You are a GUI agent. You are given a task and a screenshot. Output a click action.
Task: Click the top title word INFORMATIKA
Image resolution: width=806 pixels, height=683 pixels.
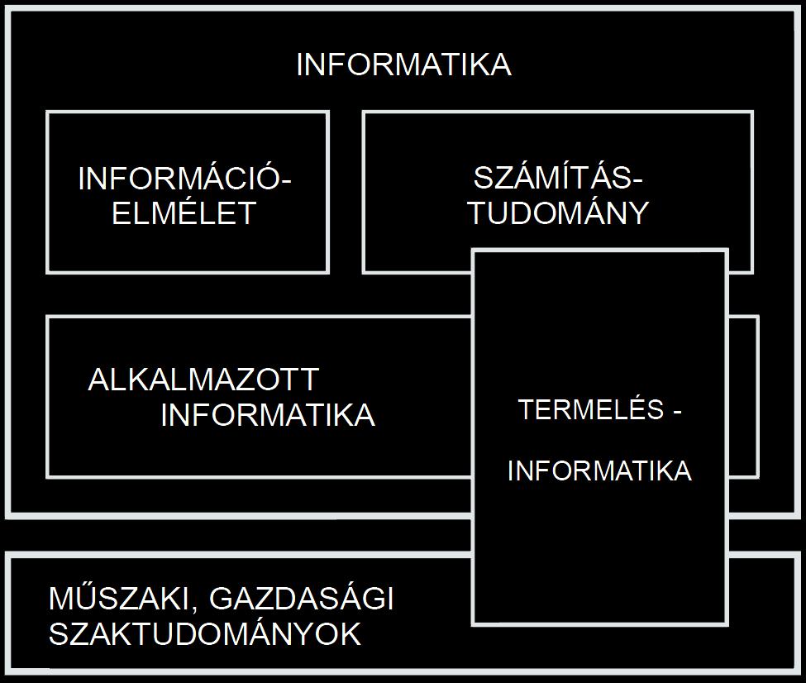pos(404,64)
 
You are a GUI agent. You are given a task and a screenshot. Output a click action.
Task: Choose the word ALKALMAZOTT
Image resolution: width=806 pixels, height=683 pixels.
pos(203,380)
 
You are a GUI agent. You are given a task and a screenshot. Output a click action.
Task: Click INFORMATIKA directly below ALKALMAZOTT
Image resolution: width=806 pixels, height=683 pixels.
pos(268,414)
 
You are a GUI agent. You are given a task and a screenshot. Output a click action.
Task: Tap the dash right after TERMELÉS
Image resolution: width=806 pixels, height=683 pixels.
pos(678,412)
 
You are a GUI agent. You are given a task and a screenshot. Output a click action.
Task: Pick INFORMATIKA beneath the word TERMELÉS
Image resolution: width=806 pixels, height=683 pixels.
pos(599,470)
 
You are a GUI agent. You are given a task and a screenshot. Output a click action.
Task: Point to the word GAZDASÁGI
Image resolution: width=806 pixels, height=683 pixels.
pos(302,598)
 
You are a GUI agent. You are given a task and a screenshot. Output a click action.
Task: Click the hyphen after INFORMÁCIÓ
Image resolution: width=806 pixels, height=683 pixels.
pos(286,183)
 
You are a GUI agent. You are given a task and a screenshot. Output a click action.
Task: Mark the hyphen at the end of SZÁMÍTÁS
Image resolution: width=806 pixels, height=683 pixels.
pos(638,183)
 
